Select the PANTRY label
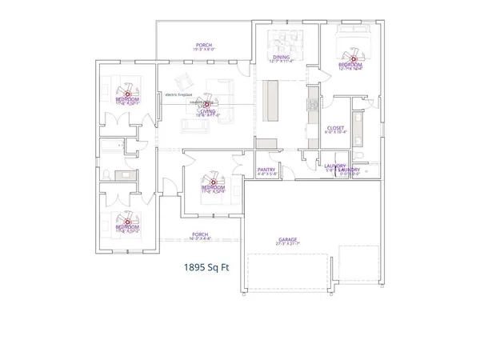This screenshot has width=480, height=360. [266, 170]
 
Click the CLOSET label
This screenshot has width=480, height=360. [336, 128]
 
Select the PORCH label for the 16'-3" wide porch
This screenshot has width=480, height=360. [200, 234]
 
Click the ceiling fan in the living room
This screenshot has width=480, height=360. [207, 104]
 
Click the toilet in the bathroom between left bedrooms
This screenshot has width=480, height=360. [108, 175]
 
